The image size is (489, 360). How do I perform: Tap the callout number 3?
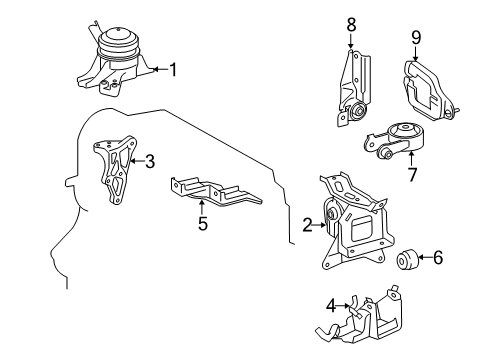tap(150, 160)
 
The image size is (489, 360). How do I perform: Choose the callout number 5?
tap(202, 225)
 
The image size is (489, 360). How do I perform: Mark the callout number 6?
tap(438, 258)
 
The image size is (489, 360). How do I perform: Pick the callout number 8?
tap(351, 21)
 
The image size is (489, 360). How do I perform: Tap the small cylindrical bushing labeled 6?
tap(406, 261)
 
